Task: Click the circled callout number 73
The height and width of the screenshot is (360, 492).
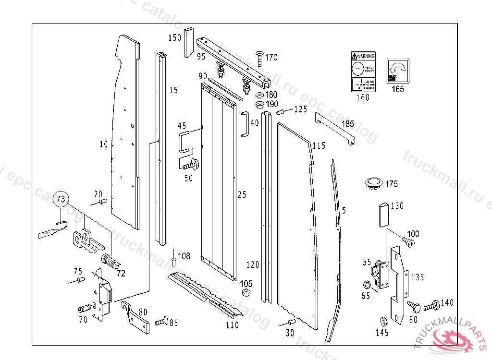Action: click(x=61, y=198)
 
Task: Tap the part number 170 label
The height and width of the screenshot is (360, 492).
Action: click(x=271, y=58)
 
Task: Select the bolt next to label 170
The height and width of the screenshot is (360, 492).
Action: click(x=258, y=58)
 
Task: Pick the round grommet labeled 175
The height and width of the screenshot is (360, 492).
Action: click(x=373, y=183)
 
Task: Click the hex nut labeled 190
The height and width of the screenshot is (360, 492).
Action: click(x=258, y=105)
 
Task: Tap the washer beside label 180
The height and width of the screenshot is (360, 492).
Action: click(x=258, y=95)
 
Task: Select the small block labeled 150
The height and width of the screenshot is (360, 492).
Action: click(x=188, y=42)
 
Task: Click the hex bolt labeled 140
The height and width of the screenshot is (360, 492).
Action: click(x=431, y=303)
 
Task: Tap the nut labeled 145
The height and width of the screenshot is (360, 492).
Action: click(x=384, y=321)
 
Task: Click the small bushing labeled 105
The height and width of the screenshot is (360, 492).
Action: click(x=247, y=292)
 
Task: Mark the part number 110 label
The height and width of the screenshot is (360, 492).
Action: click(x=233, y=325)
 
